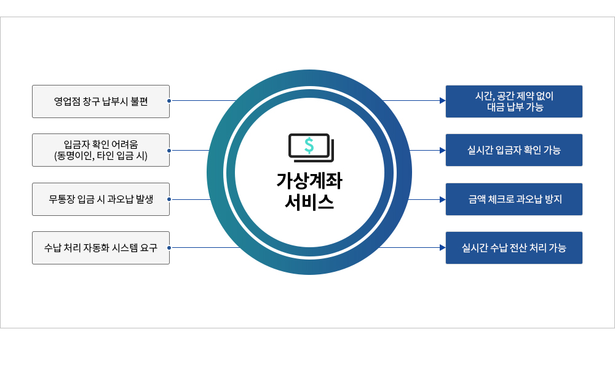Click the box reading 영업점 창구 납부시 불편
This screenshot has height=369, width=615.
[x=101, y=101]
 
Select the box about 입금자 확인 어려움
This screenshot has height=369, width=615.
[x=101, y=150]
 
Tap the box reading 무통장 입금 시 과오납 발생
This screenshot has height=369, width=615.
[x=101, y=199]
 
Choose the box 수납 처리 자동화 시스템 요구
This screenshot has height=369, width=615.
[x=101, y=248]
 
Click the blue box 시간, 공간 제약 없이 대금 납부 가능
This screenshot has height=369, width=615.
[x=514, y=101]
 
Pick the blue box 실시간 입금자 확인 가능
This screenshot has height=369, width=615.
[x=514, y=150]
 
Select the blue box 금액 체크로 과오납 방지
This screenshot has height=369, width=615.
[x=514, y=199]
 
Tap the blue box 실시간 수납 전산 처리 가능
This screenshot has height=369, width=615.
[x=514, y=248]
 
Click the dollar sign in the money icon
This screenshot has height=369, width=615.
[x=309, y=146]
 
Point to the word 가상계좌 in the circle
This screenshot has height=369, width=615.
[x=309, y=181]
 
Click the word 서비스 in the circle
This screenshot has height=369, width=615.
[x=309, y=202]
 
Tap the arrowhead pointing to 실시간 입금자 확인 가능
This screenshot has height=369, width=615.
[x=443, y=150]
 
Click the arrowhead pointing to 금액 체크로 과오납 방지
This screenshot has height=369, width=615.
[x=443, y=200]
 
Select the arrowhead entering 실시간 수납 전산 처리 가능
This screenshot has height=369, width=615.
[x=443, y=247]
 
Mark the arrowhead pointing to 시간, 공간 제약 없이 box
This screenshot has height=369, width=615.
[x=443, y=101]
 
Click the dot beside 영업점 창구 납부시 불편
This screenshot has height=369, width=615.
[x=169, y=101]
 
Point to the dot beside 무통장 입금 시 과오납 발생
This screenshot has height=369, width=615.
[x=169, y=199]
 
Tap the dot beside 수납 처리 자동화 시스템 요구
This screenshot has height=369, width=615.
[x=169, y=247]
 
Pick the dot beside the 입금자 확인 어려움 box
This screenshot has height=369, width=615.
[x=169, y=150]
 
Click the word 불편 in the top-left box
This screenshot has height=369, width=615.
[x=139, y=101]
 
